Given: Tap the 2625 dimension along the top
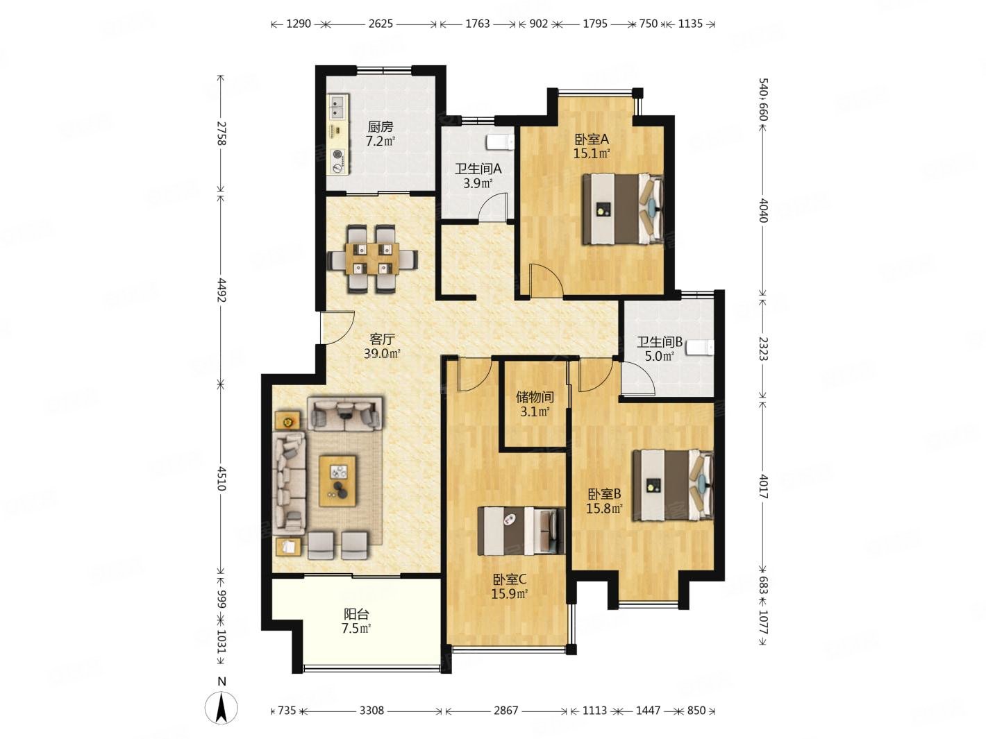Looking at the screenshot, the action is pos(381,24).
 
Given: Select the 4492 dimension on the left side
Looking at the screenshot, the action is pos(221,290).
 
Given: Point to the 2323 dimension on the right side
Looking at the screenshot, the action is pos(762,348).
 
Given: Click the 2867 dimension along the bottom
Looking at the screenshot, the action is pos(505,711).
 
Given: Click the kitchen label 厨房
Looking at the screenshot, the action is pos(380,127).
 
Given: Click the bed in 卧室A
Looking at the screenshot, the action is pos(623,209).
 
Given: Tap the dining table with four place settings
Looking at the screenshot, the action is pos(372,259).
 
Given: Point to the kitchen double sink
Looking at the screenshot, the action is pos(337,107).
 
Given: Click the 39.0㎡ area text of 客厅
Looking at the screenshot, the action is pos(382,354).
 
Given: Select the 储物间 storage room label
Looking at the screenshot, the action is pos(535,397).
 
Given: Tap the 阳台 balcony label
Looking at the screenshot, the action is pos(356,613).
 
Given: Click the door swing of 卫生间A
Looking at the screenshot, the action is pos(493,207).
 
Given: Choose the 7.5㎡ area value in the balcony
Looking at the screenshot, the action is pos(356,628).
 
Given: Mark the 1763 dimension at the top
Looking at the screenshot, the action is pos(477,24).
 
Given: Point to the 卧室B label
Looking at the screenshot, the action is pos(604,494).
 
